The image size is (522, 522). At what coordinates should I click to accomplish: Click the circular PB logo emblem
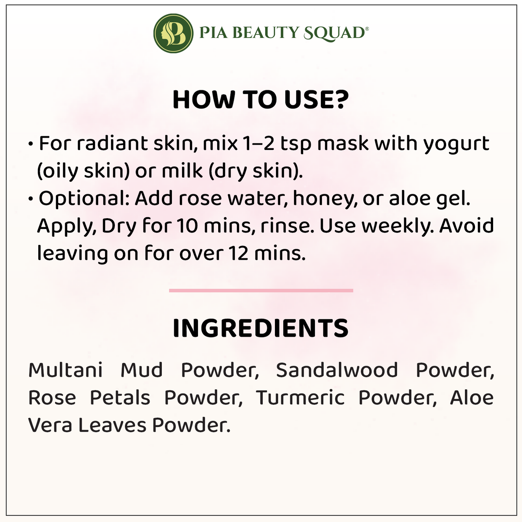click(x=173, y=33)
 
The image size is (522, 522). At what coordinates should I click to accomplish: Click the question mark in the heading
click(x=340, y=99)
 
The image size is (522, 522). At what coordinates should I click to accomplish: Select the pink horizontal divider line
click(x=261, y=290)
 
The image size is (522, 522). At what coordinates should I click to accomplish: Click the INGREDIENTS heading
click(x=260, y=328)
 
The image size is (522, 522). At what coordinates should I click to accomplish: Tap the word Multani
click(x=65, y=370)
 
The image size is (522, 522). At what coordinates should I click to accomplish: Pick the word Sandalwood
click(x=337, y=370)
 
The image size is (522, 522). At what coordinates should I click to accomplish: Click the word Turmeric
click(x=300, y=397)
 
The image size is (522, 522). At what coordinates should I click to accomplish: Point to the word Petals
click(x=120, y=397)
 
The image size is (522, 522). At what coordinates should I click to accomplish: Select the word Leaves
click(x=112, y=425)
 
